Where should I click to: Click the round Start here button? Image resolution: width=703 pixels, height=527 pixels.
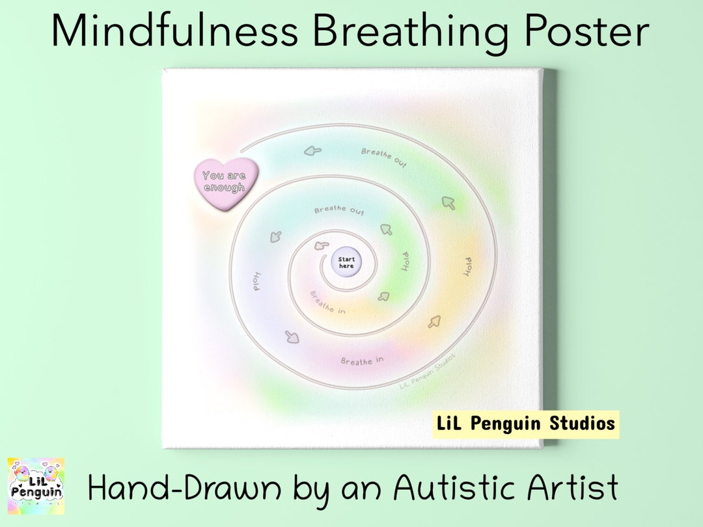pos(346,263)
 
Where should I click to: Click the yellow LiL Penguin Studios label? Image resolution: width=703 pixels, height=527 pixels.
pos(525,424)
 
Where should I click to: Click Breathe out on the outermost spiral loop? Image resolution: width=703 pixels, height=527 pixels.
pos(384,157)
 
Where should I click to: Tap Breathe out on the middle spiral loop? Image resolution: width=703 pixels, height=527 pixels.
pos(339,211)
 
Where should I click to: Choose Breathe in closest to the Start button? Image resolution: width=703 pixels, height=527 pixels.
pos(327,302)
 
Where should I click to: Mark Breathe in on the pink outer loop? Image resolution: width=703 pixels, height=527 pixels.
pos(363,360)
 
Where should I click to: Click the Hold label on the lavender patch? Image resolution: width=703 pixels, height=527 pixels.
pos(256,280)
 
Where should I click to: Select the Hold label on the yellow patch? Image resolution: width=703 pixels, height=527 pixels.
pos(467,267)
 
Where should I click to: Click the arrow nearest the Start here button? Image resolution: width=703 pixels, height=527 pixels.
pos(320,245)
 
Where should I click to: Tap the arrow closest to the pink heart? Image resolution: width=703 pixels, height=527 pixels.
pos(312,152)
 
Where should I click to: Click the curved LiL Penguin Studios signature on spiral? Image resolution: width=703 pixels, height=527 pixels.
pos(427,371)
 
